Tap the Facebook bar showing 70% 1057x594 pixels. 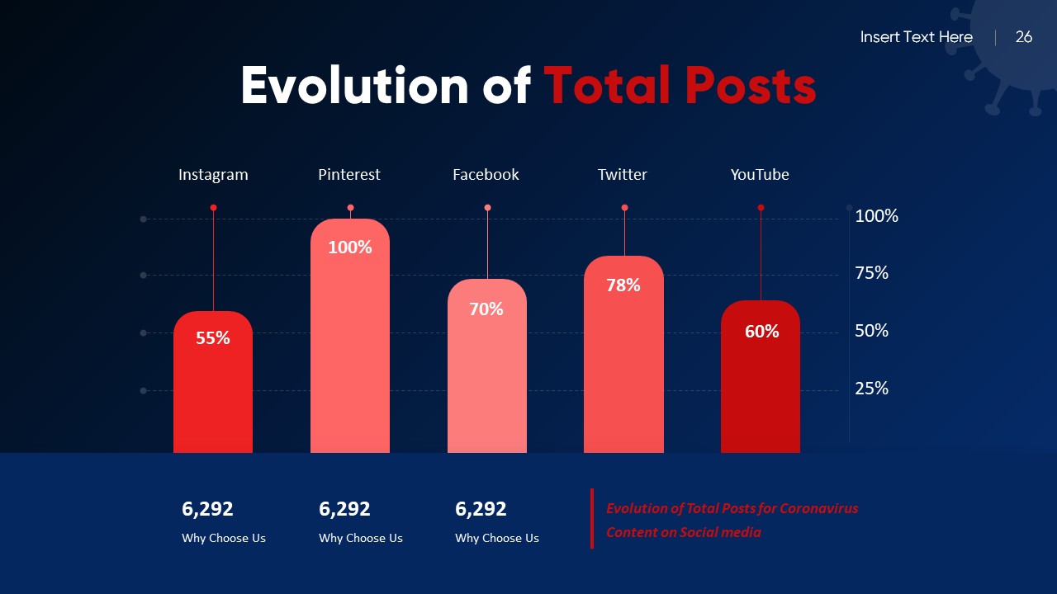coord(487,371)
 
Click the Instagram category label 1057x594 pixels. coord(213,175)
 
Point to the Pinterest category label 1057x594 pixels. coord(349,175)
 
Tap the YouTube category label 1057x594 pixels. coord(760,175)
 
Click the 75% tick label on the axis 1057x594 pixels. coord(871,273)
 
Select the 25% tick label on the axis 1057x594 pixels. coord(871,389)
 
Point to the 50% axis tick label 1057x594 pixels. coord(871,331)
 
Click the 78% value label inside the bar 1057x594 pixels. coord(623,285)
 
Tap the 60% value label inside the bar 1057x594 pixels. coord(761,332)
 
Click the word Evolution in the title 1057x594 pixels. coord(355,86)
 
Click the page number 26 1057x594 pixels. coord(1024,37)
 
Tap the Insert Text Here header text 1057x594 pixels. coord(916,37)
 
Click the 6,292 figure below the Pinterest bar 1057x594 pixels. coord(344,509)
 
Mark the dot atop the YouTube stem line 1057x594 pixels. coord(761,208)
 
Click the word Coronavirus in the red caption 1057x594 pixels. coord(819,508)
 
